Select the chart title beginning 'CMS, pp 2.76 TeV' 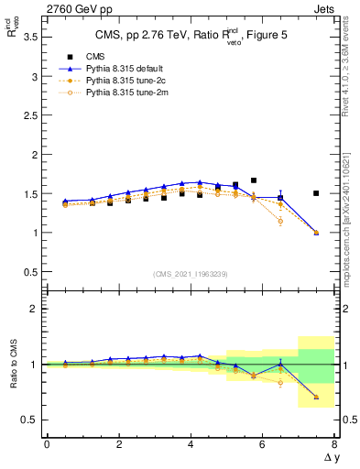pos(190,36)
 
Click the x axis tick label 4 pos(191,444)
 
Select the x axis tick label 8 pos(334,444)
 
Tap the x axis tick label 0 pos(47,444)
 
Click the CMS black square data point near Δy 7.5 pos(316,193)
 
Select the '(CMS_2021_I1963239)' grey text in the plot pos(191,274)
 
